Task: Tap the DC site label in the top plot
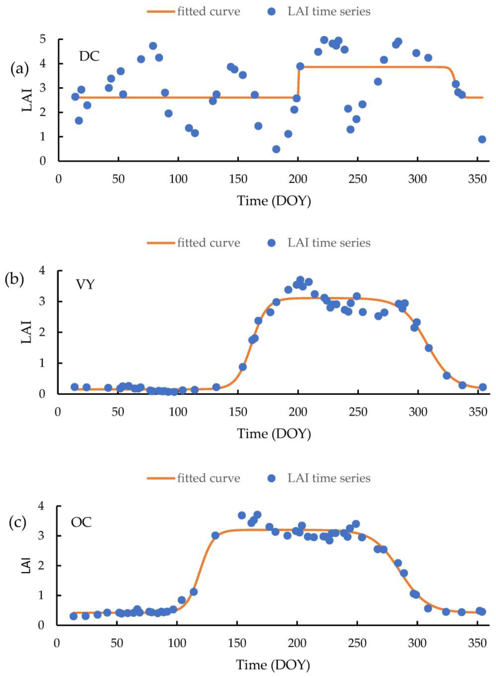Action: pyautogui.click(x=89, y=56)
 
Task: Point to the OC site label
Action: pyautogui.click(x=81, y=522)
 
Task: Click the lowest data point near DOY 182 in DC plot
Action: pyautogui.click(x=276, y=149)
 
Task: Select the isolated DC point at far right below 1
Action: pyautogui.click(x=482, y=139)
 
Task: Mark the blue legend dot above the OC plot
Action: pyautogui.click(x=272, y=478)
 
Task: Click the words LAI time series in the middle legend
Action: pyautogui.click(x=329, y=243)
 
